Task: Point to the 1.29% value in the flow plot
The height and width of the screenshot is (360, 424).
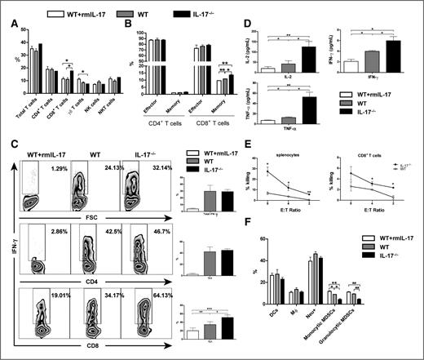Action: [x=57, y=168]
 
